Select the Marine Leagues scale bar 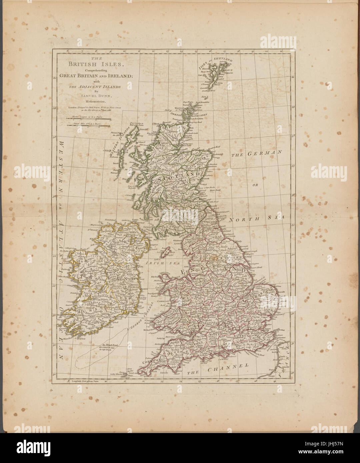(x=89, y=117)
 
